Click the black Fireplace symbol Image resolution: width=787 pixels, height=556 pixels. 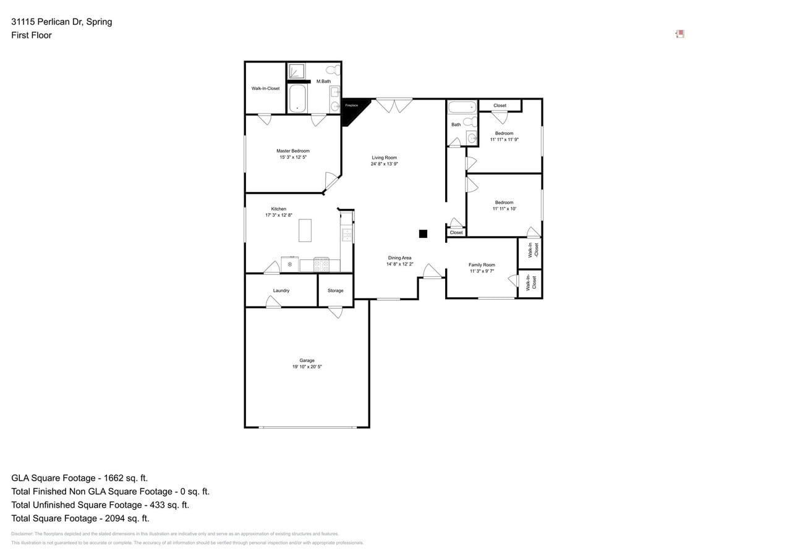(x=352, y=110)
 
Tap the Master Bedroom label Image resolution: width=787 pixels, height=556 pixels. (x=293, y=151)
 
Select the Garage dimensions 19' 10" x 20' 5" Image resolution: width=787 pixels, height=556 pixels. (x=307, y=367)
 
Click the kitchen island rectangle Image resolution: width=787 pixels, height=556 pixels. (x=305, y=230)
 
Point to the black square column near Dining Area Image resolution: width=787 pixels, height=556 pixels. (x=423, y=234)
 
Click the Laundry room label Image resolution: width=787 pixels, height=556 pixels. (x=281, y=290)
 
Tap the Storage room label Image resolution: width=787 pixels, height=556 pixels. (x=336, y=290)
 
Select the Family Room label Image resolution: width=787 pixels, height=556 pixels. (x=482, y=264)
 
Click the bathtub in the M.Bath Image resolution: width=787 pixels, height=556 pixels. (x=298, y=99)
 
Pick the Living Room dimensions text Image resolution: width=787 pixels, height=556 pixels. (x=384, y=164)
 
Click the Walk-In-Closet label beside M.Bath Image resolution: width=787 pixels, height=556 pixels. (x=265, y=88)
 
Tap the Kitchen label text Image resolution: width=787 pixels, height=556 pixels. (x=278, y=209)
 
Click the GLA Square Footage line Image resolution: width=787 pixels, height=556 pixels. (x=80, y=478)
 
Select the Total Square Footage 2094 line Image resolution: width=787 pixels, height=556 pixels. (x=80, y=518)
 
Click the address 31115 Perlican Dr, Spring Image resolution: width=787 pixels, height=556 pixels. (x=62, y=22)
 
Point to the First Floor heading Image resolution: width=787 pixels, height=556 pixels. (x=32, y=35)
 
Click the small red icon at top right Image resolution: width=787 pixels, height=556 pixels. (x=679, y=34)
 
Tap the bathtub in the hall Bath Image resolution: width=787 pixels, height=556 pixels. (x=462, y=107)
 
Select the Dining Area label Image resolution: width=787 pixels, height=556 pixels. (x=399, y=258)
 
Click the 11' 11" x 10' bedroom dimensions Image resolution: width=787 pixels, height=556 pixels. (x=504, y=209)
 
